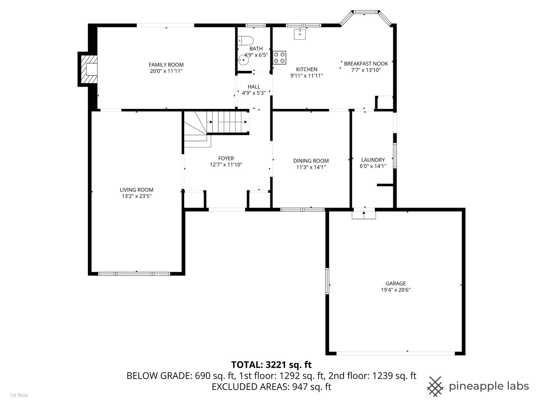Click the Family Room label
pos(166,65)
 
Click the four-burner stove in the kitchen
pos(279,57)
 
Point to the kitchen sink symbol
pos(300,34)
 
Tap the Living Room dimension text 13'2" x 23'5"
pos(137,196)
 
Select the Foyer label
pos(226,158)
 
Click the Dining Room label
pos(311,161)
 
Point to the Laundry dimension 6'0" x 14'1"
pos(373,166)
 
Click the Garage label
pos(396,283)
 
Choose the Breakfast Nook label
pos(366,64)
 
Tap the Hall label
pos(254,87)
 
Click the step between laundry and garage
pos(364,214)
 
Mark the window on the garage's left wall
pos(327,281)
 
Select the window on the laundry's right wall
pos(395,155)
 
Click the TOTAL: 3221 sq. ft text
pos(271,364)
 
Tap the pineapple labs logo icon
pos(435,386)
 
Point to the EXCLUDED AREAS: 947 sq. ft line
pos(271,387)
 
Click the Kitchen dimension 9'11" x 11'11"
pos(307,76)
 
